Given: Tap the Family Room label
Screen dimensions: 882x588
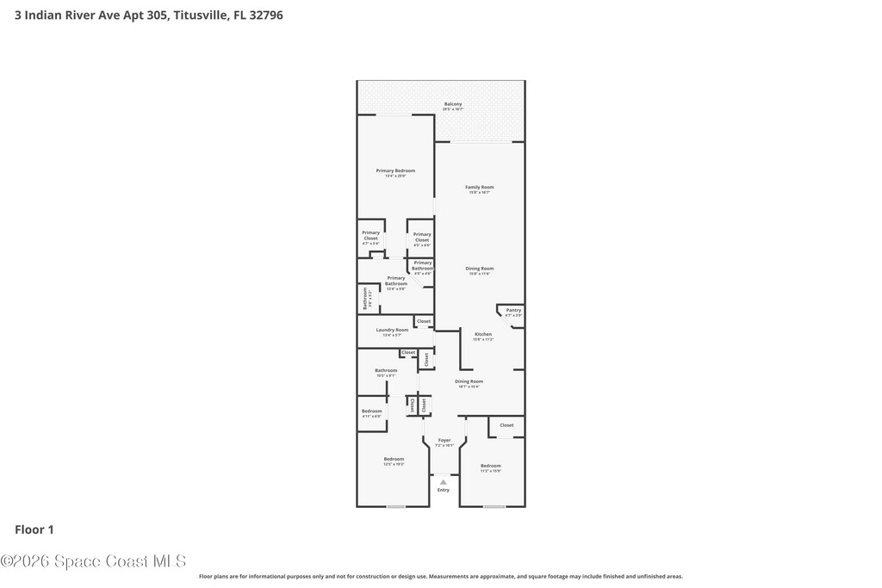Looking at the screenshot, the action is pyautogui.click(x=479, y=188).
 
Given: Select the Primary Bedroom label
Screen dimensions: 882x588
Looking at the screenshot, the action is pyautogui.click(x=395, y=171).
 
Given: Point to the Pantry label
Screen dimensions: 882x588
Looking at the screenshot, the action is pyautogui.click(x=513, y=311).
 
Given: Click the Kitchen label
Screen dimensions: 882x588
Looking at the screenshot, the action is pyautogui.click(x=483, y=335).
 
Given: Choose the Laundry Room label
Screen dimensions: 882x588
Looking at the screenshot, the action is pyautogui.click(x=392, y=331).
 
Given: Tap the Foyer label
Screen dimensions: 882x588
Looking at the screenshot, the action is pyautogui.click(x=444, y=441).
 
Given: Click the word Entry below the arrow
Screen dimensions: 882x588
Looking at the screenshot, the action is pyautogui.click(x=443, y=490).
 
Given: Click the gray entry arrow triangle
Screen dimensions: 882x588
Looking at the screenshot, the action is pyautogui.click(x=443, y=482).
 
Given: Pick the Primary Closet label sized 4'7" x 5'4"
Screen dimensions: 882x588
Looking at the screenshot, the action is pyautogui.click(x=370, y=235).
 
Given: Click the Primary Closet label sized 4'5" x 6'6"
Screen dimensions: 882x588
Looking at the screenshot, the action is pyautogui.click(x=422, y=237).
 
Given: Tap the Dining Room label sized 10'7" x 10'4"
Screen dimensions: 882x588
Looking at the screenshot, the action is pyautogui.click(x=469, y=382).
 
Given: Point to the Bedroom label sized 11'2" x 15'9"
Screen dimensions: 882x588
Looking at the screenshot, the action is pyautogui.click(x=490, y=467).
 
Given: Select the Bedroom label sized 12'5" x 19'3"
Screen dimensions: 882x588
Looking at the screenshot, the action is pyautogui.click(x=394, y=460).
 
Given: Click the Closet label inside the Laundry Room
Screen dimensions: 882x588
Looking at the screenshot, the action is pyautogui.click(x=424, y=321).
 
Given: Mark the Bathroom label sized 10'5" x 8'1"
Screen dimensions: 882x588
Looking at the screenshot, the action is pyautogui.click(x=385, y=371).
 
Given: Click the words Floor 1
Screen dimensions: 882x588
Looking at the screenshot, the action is pyautogui.click(x=34, y=529).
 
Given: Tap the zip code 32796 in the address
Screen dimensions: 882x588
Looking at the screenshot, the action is pyautogui.click(x=264, y=15).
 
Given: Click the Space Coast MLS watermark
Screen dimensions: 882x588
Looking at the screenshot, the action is pyautogui.click(x=93, y=561).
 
